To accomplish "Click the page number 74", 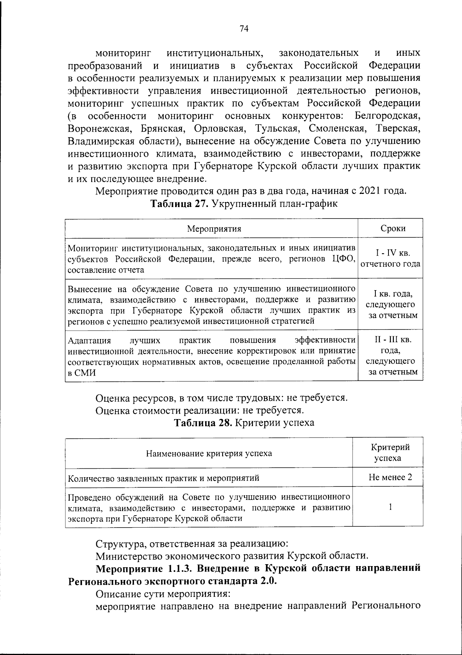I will point(244,29).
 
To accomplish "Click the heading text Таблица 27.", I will point(179,204).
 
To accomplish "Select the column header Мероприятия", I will point(214,229).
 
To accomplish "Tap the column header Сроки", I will point(393,229).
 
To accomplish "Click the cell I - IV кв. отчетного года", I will point(390,259).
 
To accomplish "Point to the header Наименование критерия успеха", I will point(209,453).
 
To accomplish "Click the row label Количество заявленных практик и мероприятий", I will point(164,478).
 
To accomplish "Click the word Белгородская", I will point(387,116).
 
